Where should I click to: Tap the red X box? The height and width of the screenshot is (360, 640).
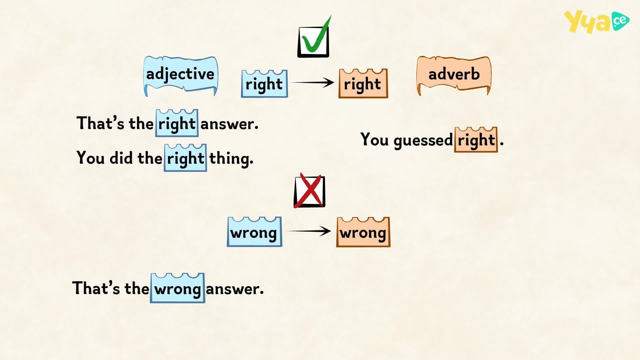[309, 191]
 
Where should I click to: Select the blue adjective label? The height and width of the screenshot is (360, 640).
[180, 76]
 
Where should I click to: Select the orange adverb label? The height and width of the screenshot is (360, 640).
[454, 75]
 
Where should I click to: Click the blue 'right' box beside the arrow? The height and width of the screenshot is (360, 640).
[264, 84]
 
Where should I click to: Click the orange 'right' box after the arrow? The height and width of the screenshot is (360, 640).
[363, 83]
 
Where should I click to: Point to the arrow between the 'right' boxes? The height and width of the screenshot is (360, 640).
[313, 82]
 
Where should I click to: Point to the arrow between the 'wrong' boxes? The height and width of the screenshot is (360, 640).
[309, 231]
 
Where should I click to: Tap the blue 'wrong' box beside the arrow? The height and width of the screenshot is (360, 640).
[254, 232]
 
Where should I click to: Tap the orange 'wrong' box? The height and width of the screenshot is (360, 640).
[363, 232]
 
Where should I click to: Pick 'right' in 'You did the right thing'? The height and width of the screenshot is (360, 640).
[185, 158]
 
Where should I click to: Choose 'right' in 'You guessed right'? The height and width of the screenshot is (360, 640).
[476, 140]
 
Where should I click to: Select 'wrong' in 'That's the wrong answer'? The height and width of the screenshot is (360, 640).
[177, 288]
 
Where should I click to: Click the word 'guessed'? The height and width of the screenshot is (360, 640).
[423, 140]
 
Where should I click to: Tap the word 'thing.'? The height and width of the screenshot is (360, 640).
[231, 158]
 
